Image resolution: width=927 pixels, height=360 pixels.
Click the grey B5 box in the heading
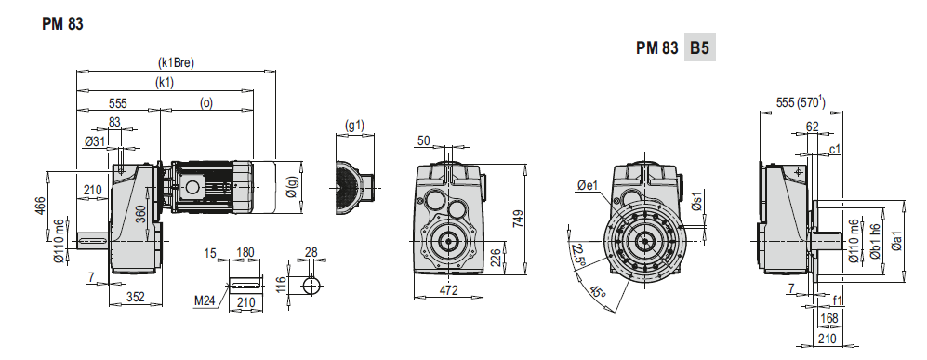tap(700, 47)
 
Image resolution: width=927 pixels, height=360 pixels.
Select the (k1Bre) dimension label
tap(176, 62)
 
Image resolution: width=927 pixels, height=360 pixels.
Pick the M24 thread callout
tap(205, 301)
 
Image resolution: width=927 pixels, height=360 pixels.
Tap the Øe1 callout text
tap(588, 186)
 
